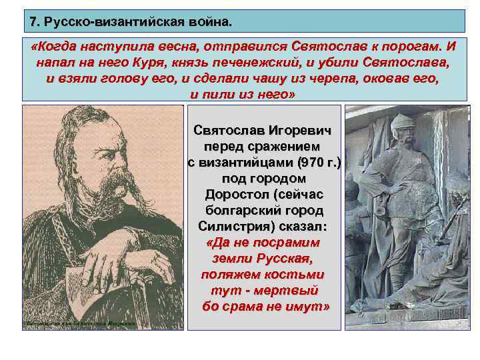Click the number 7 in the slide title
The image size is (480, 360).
(x=33, y=22)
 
